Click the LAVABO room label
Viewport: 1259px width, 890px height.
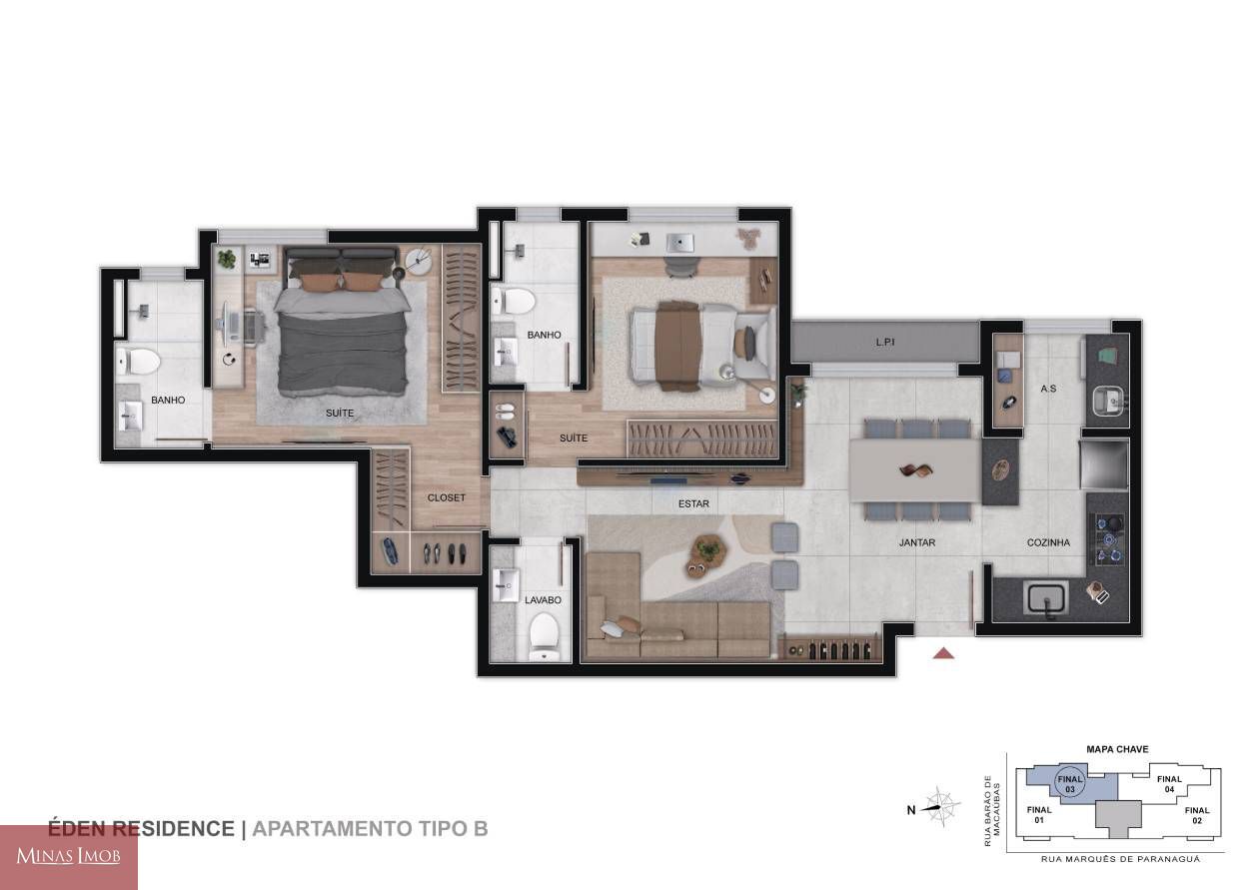pos(543,600)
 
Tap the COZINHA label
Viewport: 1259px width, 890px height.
pos(1048,542)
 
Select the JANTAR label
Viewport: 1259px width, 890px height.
pos(916,542)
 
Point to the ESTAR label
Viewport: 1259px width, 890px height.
pos(693,504)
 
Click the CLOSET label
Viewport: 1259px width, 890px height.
pos(447,497)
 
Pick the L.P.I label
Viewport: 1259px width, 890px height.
pos(884,342)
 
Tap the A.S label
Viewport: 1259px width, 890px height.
pos(1048,389)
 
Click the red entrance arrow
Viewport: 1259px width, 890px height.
pos(943,653)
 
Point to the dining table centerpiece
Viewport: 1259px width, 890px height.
pos(915,469)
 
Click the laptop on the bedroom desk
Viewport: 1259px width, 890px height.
pos(679,243)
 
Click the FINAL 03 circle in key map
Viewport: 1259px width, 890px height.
pos(1069,784)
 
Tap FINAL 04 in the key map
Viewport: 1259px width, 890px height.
pos(1169,784)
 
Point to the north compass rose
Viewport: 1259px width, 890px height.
pos(941,807)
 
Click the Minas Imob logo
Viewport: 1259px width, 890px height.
pos(69,857)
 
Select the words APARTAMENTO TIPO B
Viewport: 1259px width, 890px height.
pos(370,829)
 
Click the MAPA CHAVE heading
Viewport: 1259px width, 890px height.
pos(1117,749)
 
